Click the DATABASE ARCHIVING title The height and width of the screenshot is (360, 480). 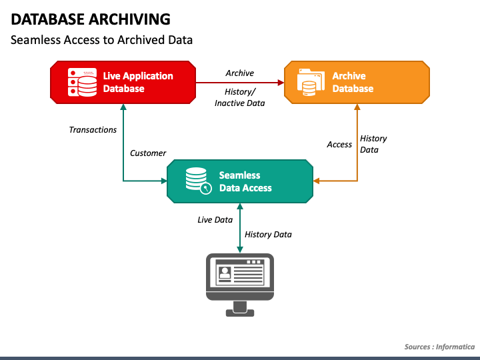(91, 19)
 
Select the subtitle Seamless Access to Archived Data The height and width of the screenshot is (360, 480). (101, 40)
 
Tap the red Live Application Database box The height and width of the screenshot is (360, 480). (123, 83)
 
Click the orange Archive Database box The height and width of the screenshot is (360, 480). (357, 83)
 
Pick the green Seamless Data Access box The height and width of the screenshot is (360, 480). (240, 181)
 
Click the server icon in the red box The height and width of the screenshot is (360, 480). (83, 83)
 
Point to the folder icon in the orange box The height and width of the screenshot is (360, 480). (311, 82)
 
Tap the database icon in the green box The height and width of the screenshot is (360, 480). (199, 181)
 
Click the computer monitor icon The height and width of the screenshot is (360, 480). (240, 285)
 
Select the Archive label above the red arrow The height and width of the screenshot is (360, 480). (240, 73)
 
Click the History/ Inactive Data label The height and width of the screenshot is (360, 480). (240, 97)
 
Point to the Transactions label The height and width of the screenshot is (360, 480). (93, 130)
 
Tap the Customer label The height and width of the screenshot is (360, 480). (148, 153)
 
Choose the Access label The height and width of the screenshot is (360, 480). (339, 145)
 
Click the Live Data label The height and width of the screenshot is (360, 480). (215, 220)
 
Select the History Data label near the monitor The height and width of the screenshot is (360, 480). (268, 235)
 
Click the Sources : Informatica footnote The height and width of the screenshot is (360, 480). (439, 347)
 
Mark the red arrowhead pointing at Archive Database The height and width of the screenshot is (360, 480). (281, 83)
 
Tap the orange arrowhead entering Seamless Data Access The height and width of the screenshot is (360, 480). (317, 181)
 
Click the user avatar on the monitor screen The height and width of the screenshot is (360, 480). (225, 273)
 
